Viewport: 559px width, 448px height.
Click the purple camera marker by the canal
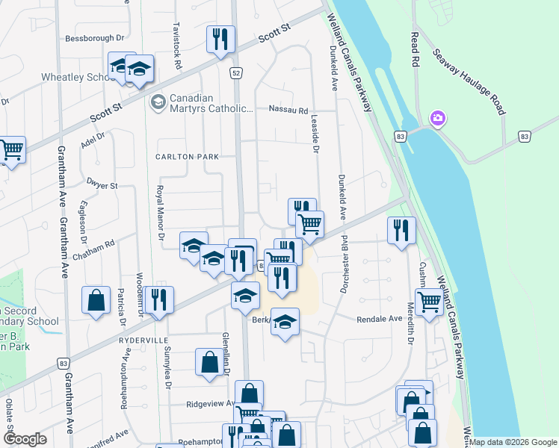tap(437, 119)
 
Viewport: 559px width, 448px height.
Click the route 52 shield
tap(236, 72)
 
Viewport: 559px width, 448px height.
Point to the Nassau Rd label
tap(288, 111)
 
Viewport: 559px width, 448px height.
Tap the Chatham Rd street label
tap(99, 243)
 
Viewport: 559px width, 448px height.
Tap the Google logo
tap(25, 438)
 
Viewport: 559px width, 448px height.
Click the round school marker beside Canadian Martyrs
tap(158, 102)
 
